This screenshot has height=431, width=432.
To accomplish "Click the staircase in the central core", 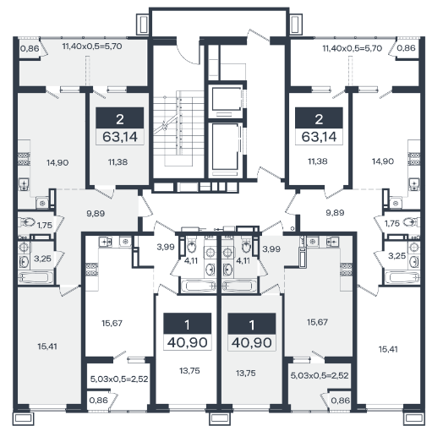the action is [178, 128].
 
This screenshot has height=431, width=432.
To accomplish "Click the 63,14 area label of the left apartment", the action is [120, 137].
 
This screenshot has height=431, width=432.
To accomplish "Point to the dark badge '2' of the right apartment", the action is [319, 118].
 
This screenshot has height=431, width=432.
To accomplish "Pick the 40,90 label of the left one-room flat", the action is [188, 342].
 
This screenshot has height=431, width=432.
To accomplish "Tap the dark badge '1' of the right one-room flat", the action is [252, 324].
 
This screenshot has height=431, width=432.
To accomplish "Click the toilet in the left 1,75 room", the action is [27, 222].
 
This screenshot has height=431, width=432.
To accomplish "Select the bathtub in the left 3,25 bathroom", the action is [36, 277].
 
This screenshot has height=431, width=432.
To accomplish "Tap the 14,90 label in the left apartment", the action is [57, 162].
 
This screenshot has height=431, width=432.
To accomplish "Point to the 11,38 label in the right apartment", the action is [318, 161].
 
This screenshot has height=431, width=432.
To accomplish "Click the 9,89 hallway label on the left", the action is [96, 213].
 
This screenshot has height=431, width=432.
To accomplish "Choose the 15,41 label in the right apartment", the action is [388, 349].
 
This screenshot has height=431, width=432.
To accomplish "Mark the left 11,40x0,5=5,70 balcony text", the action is [92, 46].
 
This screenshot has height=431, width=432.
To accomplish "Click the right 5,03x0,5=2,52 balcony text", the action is [320, 375].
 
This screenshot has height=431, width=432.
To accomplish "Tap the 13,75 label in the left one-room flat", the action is [189, 371].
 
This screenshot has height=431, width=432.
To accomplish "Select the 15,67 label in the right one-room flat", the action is [317, 322].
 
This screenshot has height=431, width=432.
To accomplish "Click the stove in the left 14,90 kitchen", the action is [25, 159].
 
